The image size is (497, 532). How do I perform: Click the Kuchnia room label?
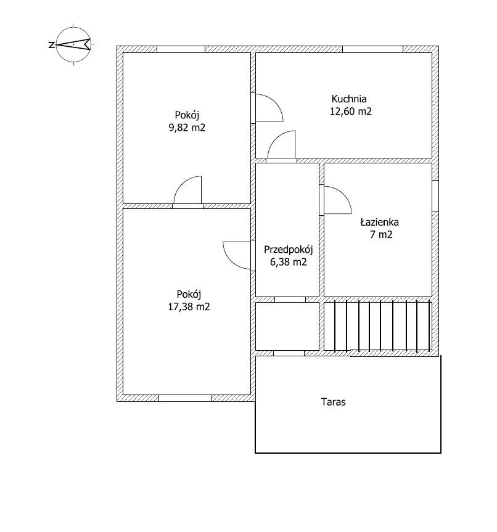click(349, 99)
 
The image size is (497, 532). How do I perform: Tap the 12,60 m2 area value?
click(351, 112)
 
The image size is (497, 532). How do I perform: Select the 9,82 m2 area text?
click(187, 128)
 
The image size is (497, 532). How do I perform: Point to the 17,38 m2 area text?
click(189, 307)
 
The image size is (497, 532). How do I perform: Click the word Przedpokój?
click(289, 250)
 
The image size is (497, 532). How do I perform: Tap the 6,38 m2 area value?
click(289, 262)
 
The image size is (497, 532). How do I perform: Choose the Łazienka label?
click(380, 223)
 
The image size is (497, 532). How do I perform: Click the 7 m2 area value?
click(381, 234)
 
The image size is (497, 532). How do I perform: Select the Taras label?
click(334, 402)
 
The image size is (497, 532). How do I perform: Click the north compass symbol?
click(73, 44)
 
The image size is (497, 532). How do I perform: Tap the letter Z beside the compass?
click(52, 45)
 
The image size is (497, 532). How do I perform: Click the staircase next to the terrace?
click(378, 326)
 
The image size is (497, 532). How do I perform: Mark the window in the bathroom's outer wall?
click(435, 196)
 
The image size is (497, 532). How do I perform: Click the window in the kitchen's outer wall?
click(372, 49)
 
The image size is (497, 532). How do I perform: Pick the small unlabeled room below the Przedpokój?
click(287, 326)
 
